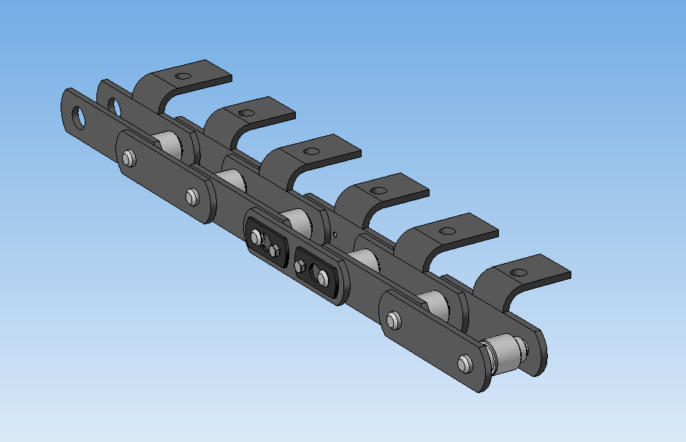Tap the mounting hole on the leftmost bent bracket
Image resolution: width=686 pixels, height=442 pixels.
(x=183, y=76)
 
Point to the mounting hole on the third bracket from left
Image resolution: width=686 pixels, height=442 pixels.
(x=312, y=152)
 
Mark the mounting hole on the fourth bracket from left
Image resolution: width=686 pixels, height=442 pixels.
(x=378, y=191)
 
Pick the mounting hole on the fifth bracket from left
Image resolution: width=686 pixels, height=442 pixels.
(x=446, y=231)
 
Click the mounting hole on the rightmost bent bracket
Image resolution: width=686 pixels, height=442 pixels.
(x=518, y=273)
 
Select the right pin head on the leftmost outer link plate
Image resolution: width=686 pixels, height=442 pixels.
(x=192, y=196)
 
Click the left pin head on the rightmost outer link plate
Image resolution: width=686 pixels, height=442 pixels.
(x=394, y=320)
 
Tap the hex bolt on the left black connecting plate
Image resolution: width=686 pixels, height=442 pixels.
(x=275, y=251)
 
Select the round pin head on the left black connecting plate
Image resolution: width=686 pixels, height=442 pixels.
(x=256, y=237)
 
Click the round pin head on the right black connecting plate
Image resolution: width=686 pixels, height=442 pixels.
(x=322, y=276)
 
